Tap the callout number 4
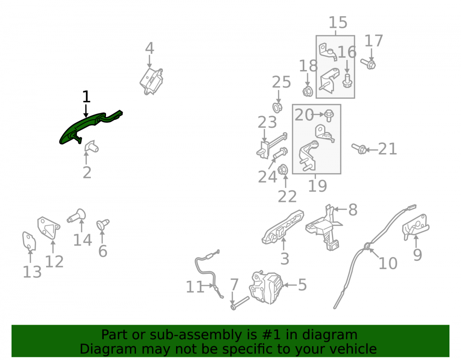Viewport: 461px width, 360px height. pos(150,48)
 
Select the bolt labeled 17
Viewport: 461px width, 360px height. pos(368,64)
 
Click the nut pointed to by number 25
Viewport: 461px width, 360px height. pos(278,107)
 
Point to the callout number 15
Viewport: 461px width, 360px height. pos(338,22)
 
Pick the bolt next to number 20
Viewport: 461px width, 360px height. pos(329,115)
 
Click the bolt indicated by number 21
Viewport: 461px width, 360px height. pos(359,149)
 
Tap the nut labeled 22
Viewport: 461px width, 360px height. pos(283,170)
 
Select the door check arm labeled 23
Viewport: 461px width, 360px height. pos(272,146)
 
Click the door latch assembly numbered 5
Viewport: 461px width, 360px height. pos(266,288)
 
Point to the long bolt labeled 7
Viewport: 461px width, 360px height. pos(240,303)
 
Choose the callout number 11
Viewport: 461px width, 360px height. pos(195,287)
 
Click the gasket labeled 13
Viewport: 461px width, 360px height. pos(29,242)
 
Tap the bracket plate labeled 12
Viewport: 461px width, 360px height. pos(48,228)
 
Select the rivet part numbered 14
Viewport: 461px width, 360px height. pos(77,216)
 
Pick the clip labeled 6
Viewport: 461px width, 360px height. pos(103,224)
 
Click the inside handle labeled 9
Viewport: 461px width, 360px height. pos(416,226)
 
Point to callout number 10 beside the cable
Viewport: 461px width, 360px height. pos(388,263)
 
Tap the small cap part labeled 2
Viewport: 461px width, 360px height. pos(91,147)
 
